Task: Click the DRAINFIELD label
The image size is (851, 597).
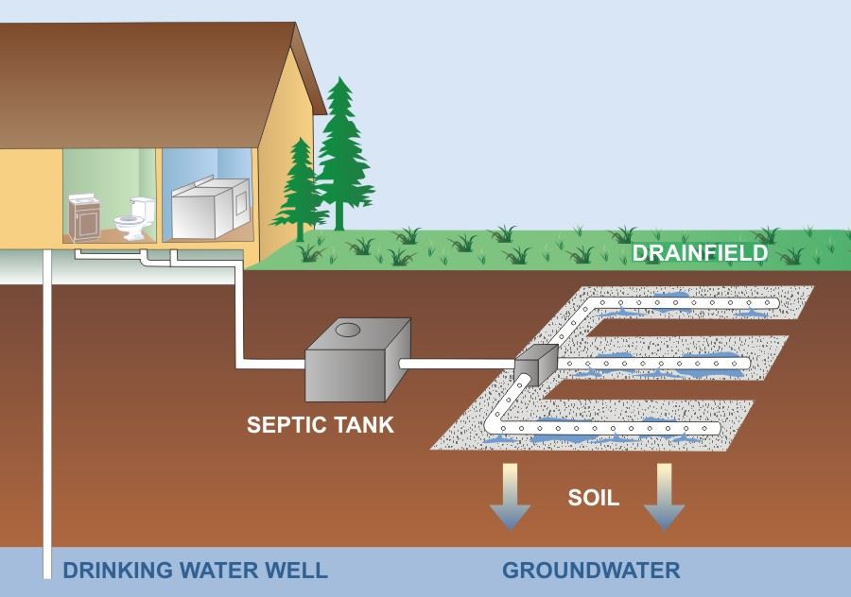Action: pyautogui.click(x=700, y=253)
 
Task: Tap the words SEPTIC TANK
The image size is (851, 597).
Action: pyautogui.click(x=320, y=424)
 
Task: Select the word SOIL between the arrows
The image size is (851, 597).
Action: pyautogui.click(x=594, y=497)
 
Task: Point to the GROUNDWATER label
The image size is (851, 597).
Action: pyautogui.click(x=590, y=571)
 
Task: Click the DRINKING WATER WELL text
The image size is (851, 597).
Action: pyautogui.click(x=195, y=571)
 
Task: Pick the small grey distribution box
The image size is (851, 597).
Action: pyautogui.click(x=537, y=364)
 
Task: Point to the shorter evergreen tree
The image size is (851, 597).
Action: pyautogui.click(x=301, y=189)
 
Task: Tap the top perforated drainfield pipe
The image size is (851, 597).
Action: pyautogui.click(x=681, y=303)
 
